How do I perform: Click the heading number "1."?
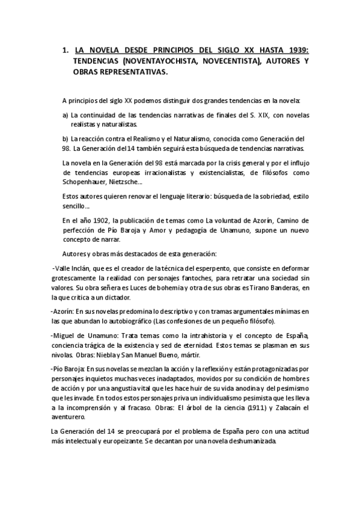click(x=65, y=51)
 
